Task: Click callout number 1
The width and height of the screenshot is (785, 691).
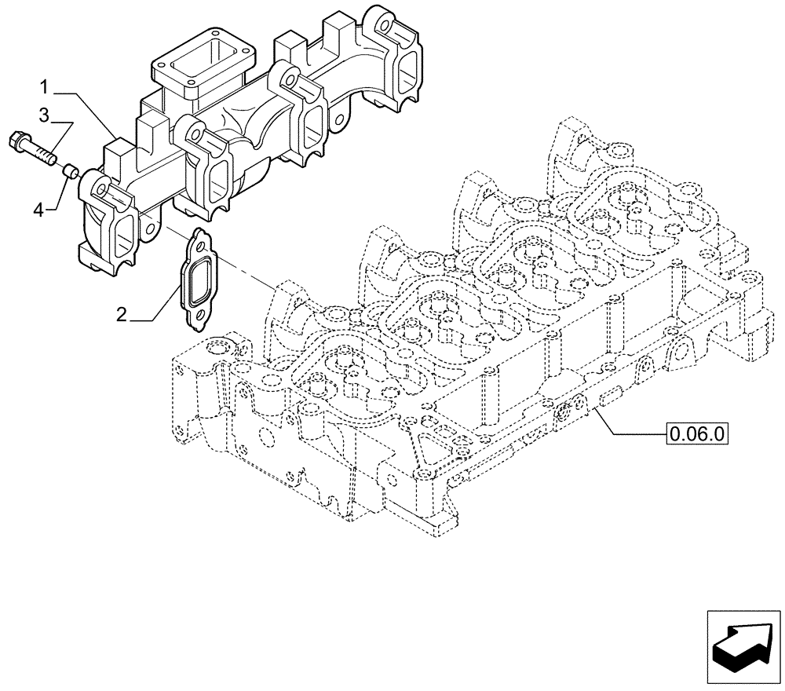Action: pos(47,84)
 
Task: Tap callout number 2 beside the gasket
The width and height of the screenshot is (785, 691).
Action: pos(121,315)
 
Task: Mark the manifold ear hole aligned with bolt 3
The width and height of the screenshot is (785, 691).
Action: pos(101,188)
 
